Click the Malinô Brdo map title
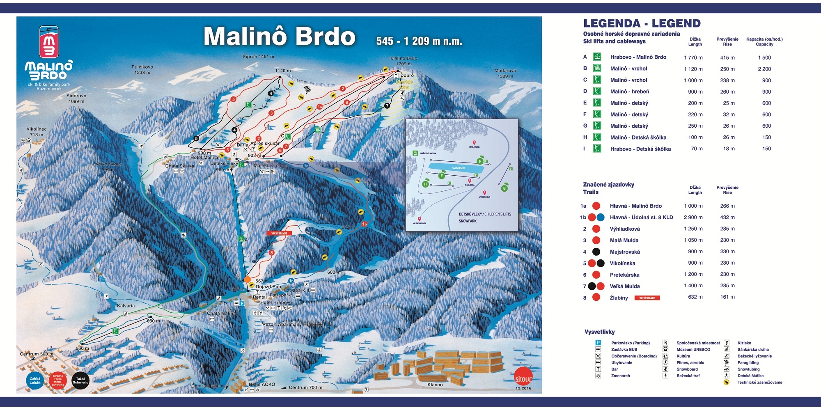pos(280,37)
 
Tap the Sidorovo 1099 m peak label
pos(76,98)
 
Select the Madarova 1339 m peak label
pos(505,73)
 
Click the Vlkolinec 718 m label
pos(37,132)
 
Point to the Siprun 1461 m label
pos(258,57)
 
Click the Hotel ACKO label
pos(262,385)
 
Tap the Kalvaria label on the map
pos(126,306)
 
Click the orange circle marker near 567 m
pos(248,279)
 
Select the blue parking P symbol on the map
pos(242,303)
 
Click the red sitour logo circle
pos(523,378)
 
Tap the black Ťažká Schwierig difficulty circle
pos(80,380)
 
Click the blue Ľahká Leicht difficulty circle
pos(35,380)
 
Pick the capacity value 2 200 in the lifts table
pos(764,69)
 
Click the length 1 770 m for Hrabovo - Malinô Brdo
pos(693,57)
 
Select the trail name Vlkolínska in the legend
pos(622,263)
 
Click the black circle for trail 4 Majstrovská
pos(596,252)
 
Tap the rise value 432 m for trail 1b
pos(727,217)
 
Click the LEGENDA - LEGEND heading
pos(642,23)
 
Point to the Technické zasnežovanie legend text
pos(759,382)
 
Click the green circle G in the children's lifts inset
pos(504,188)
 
